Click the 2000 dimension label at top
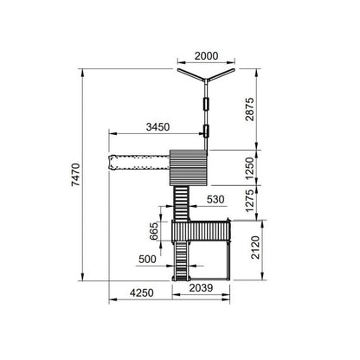(206, 56)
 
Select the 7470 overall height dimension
(76, 175)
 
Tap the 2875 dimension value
(250, 109)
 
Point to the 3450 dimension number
(157, 127)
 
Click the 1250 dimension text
(250, 168)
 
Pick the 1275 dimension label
(250, 201)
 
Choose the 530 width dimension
(215, 199)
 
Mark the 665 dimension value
(154, 231)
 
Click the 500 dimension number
(147, 260)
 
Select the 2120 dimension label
(255, 247)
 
